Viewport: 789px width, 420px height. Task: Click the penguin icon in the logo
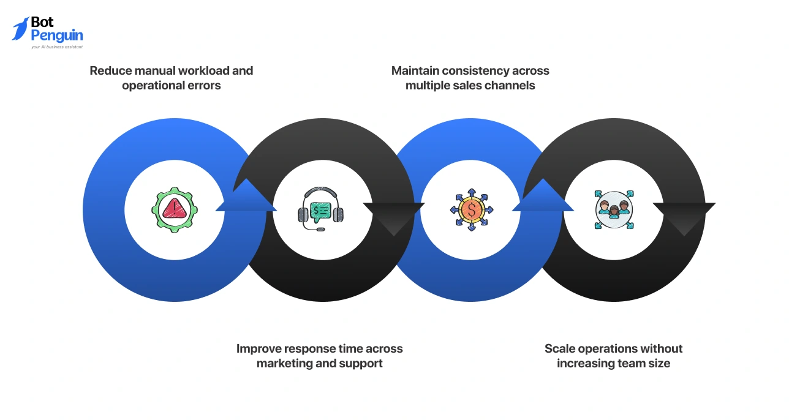pyautogui.click(x=20, y=29)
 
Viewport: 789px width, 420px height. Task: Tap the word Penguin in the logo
pyautogui.click(x=57, y=36)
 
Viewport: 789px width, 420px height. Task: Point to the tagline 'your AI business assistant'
pyautogui.click(x=56, y=47)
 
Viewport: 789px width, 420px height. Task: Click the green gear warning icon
pyautogui.click(x=175, y=209)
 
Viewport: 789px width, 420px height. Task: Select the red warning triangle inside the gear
pyautogui.click(x=175, y=209)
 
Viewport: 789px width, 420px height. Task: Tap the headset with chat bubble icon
pyautogui.click(x=321, y=209)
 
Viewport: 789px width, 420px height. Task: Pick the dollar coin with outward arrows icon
pyautogui.click(x=471, y=209)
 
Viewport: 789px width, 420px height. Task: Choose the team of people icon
pyautogui.click(x=614, y=209)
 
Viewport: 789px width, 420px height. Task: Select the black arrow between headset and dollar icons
pyautogui.click(x=394, y=218)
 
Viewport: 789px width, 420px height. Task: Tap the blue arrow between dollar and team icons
pyautogui.click(x=543, y=197)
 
